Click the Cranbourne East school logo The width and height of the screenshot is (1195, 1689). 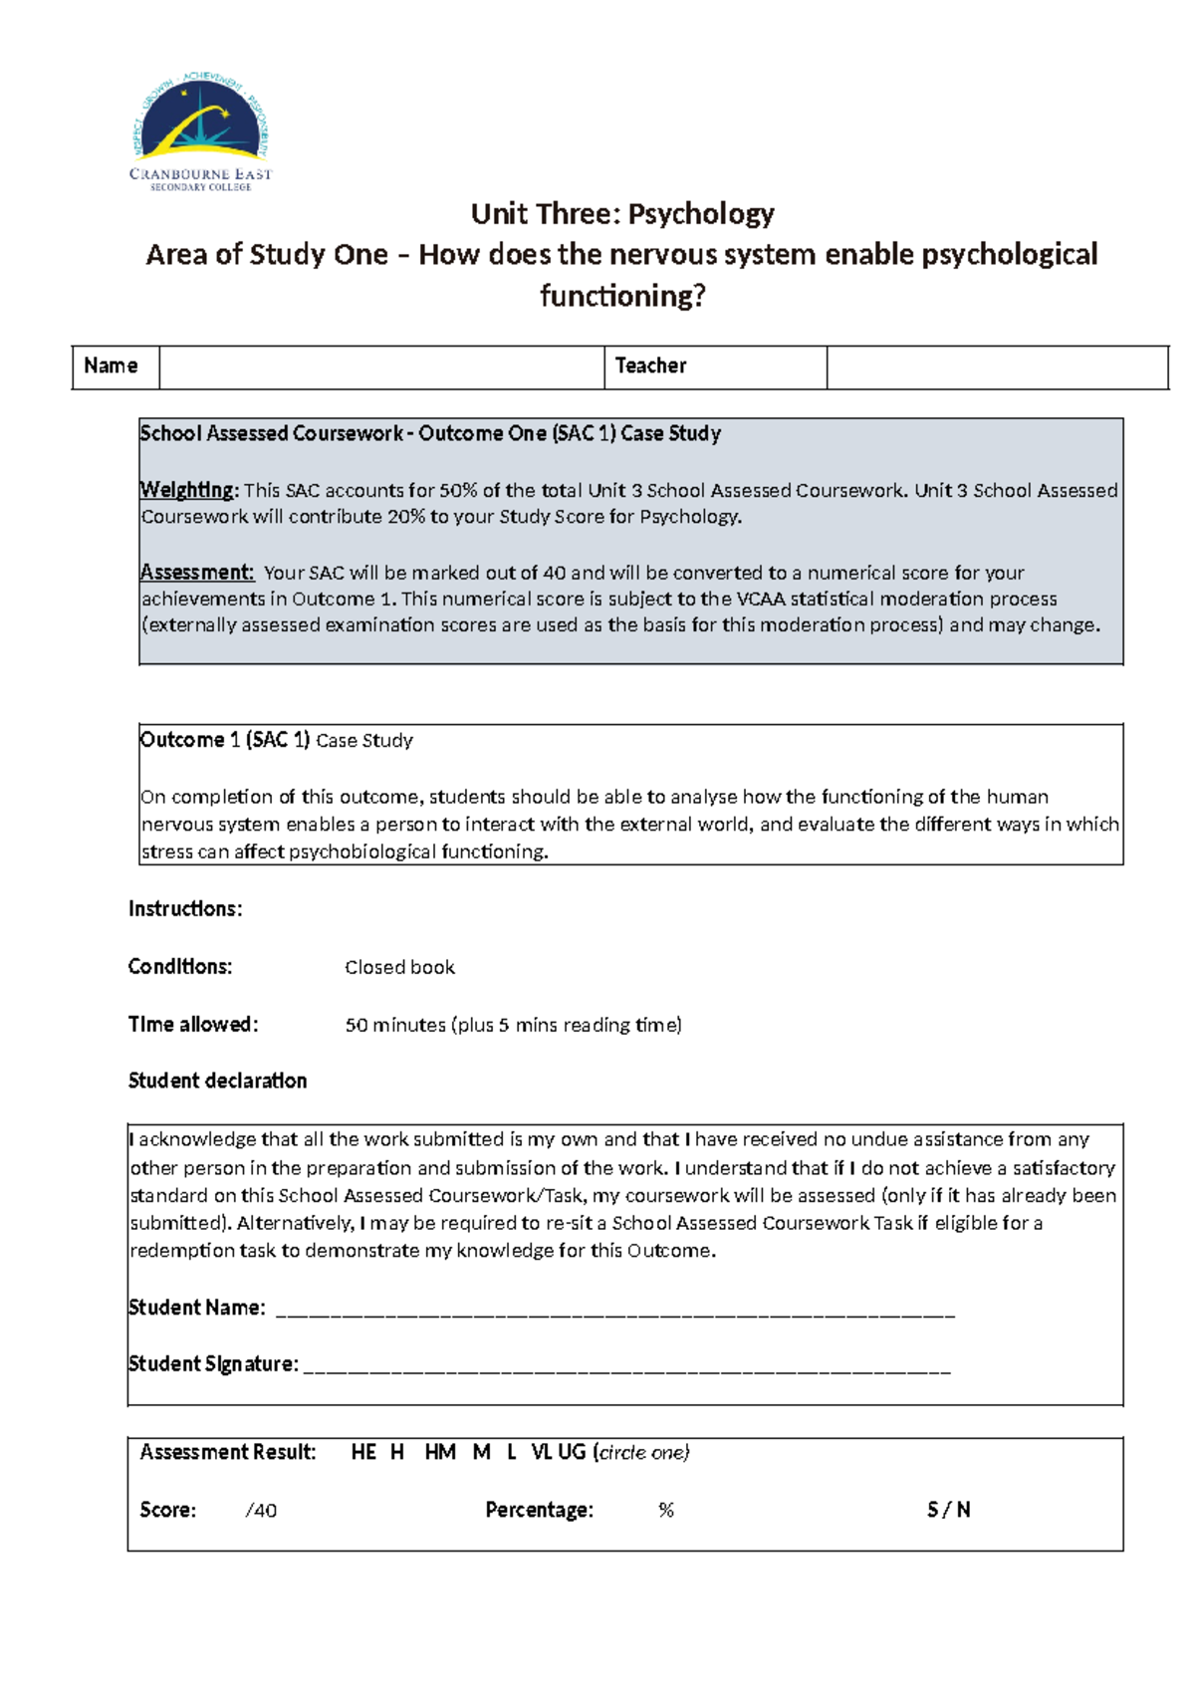tap(201, 131)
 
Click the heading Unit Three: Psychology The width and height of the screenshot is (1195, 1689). tap(622, 213)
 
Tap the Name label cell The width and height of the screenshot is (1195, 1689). tap(112, 365)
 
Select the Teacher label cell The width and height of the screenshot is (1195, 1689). tap(651, 365)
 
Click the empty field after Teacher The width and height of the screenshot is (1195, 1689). tap(996, 366)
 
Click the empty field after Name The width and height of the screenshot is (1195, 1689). tap(381, 366)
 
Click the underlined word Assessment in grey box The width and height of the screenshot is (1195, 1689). tap(196, 573)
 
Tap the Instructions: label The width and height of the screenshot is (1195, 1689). tap(185, 909)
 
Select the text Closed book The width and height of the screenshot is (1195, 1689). tap(399, 967)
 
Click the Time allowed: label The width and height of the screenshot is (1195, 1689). tap(193, 1025)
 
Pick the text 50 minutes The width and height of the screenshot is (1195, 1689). tap(395, 1025)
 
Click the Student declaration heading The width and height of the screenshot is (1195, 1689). tap(217, 1081)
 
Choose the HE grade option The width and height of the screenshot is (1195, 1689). tap(363, 1452)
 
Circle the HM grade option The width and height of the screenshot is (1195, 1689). tap(440, 1452)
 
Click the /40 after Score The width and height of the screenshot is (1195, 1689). tap(261, 1511)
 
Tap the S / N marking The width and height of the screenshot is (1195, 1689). tap(948, 1511)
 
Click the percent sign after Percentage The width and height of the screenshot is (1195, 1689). tap(666, 1511)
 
